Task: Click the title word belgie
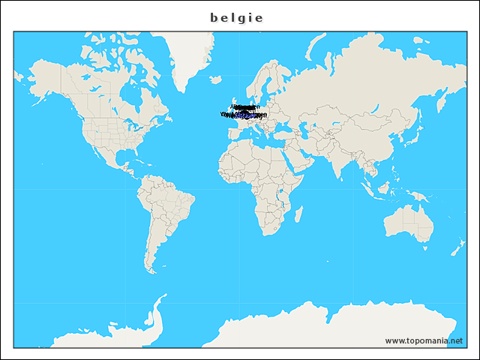237,17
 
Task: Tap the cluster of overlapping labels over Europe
243,113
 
